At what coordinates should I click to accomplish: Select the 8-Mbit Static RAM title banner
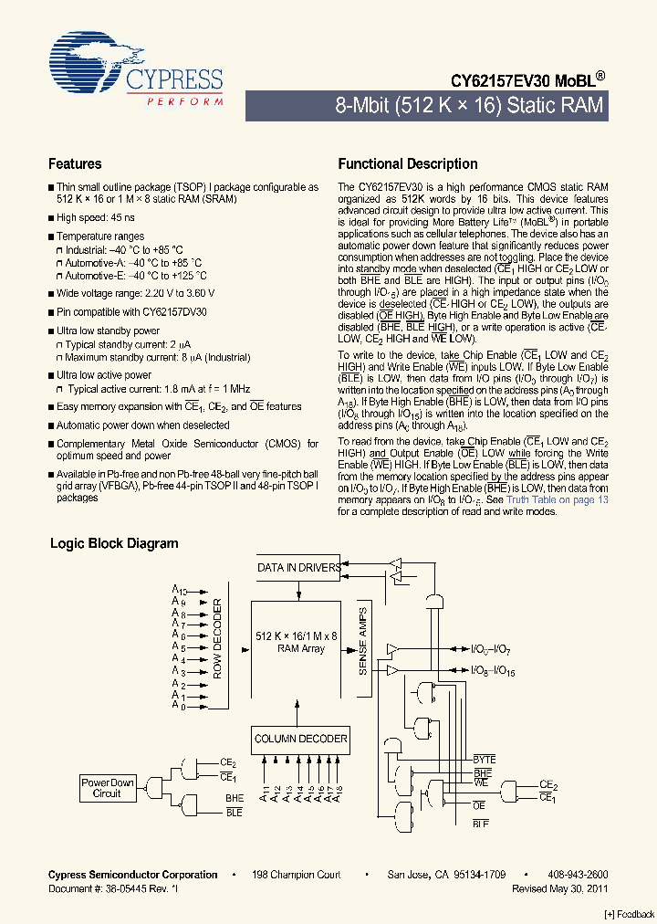[469, 105]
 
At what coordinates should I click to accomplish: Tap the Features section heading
[75, 164]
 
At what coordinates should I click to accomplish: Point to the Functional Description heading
[408, 164]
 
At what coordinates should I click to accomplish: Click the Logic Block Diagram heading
[114, 543]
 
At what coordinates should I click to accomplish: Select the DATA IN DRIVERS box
[299, 567]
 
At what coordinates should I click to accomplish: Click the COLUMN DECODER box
[300, 738]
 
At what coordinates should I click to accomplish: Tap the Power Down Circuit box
[107, 788]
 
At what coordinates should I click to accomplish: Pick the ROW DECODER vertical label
[218, 639]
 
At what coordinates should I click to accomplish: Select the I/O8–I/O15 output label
[494, 671]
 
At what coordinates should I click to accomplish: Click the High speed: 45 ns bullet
[96, 218]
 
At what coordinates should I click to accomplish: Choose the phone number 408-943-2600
[579, 875]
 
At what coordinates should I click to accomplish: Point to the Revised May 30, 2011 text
[560, 888]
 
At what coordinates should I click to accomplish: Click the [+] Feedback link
[630, 915]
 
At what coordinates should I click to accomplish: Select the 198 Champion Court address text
[297, 875]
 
